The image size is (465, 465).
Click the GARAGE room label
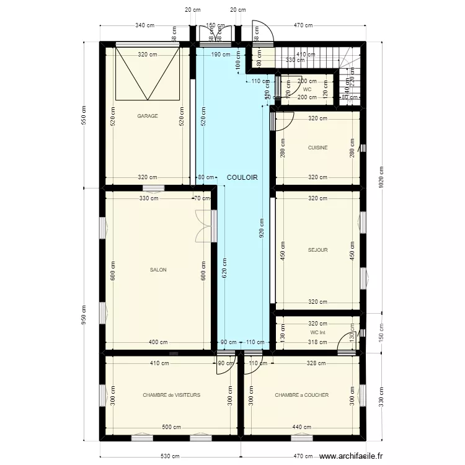click(148, 116)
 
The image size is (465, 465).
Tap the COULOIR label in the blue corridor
click(242, 177)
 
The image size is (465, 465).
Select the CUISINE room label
click(317, 148)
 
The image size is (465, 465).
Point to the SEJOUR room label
click(317, 250)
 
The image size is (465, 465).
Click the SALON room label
click(158, 270)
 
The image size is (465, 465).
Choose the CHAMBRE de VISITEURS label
click(171, 395)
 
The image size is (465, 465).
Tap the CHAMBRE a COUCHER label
click(302, 395)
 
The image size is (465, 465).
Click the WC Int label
click(317, 332)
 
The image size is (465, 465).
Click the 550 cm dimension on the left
click(84, 113)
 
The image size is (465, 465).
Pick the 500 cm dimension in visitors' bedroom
click(172, 427)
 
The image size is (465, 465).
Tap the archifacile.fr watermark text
click(352, 456)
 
